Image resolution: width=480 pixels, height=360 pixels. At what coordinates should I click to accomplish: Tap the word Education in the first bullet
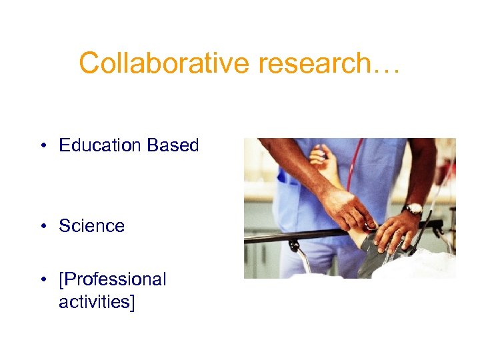[x=100, y=145]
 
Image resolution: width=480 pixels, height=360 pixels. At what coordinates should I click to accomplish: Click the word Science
[x=91, y=226]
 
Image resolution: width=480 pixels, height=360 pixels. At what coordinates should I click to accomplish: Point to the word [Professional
[x=113, y=279]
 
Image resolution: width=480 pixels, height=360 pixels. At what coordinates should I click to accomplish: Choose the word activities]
[x=97, y=302]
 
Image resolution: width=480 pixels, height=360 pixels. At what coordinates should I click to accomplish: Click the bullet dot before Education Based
[x=42, y=146]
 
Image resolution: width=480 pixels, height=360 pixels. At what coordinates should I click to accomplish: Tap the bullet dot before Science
[x=42, y=227]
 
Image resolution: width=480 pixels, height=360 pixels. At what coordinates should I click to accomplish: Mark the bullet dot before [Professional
[x=42, y=280]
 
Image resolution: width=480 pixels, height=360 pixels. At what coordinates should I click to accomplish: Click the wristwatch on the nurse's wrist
[x=414, y=209]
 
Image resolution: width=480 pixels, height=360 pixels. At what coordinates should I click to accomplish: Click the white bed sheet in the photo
[x=427, y=267]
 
